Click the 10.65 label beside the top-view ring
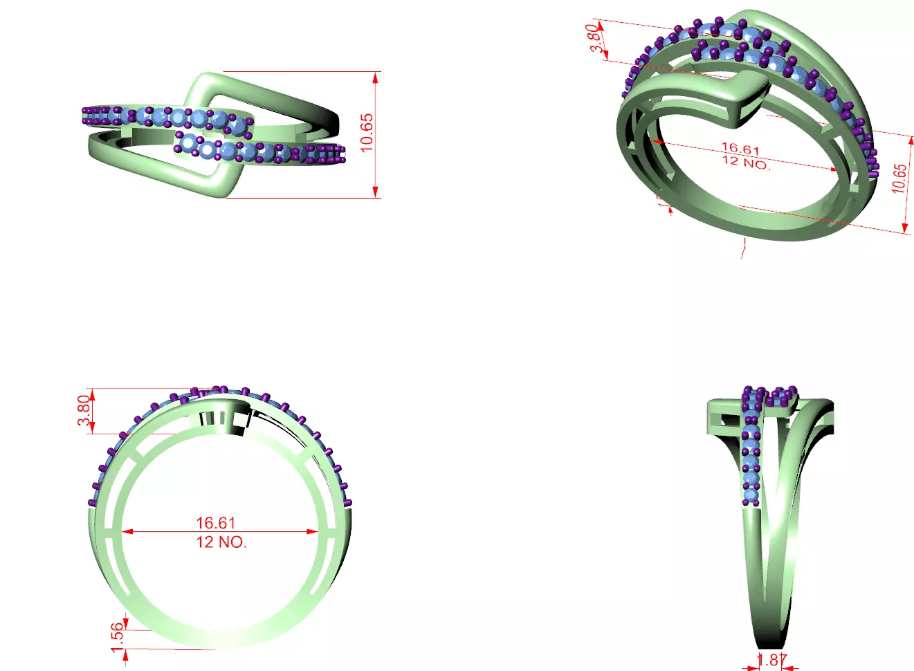coord(367,132)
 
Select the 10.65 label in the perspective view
coord(899,178)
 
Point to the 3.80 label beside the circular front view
coord(84,411)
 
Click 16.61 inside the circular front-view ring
coord(215,523)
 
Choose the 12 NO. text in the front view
coord(221,542)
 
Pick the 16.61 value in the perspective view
coord(740,149)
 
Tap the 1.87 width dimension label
coord(771,660)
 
